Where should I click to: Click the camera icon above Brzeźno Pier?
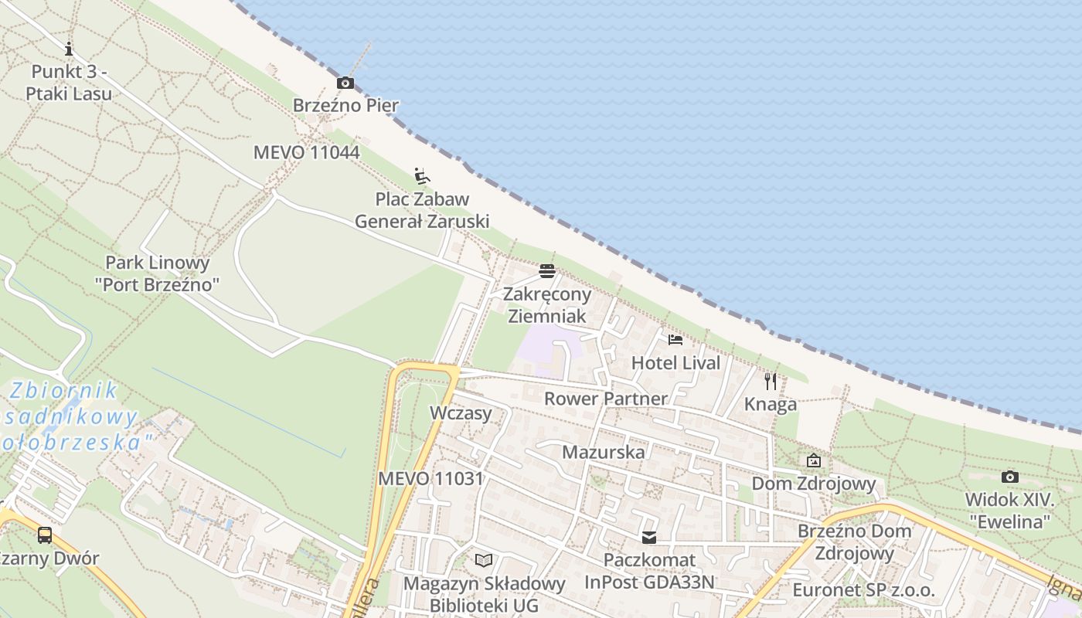pos(345,83)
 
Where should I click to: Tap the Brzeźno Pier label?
pos(345,105)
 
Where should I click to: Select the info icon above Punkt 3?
pos(69,49)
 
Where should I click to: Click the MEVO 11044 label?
pos(306,152)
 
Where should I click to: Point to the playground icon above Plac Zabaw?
pos(422,176)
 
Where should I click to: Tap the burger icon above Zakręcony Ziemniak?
pos(547,271)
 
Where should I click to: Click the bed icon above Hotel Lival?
pos(675,340)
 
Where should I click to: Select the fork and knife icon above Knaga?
pos(771,381)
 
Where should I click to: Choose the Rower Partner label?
pos(605,399)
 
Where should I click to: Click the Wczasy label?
pos(461,413)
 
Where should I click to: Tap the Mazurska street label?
pos(603,452)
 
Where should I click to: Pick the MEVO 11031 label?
pos(430,478)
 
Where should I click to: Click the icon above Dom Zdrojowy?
pos(814,461)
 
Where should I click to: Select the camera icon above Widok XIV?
pos(1009,477)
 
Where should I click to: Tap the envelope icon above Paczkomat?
pos(649,537)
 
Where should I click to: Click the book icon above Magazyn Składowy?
pos(484,560)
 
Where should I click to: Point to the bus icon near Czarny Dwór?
pos(45,535)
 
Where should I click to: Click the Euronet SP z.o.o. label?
pos(863,590)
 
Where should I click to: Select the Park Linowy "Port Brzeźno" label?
pos(158,273)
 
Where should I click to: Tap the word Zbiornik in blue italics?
pos(65,390)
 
